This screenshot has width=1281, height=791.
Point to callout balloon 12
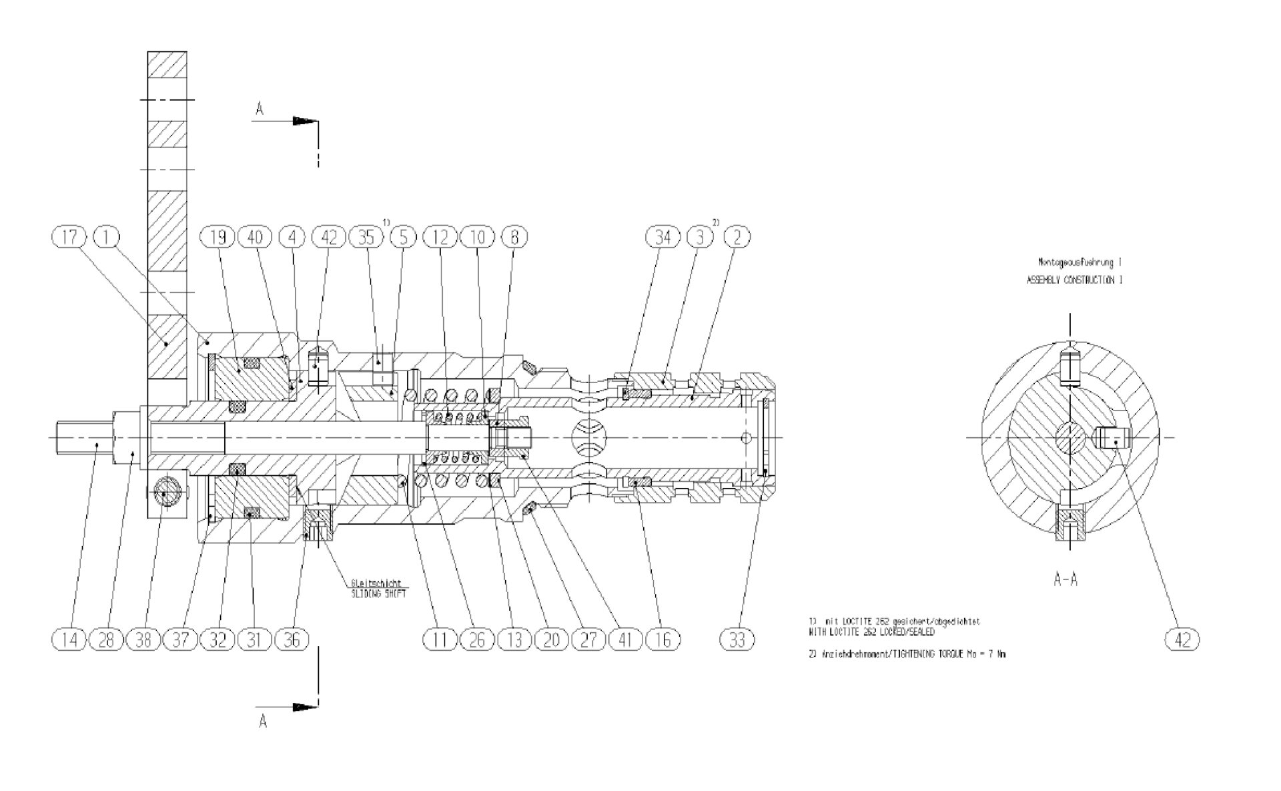click(441, 236)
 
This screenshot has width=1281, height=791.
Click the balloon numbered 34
click(663, 236)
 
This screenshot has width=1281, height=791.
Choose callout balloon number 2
click(737, 236)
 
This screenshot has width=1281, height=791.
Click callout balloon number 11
click(441, 639)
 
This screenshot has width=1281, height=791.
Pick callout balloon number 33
click(737, 639)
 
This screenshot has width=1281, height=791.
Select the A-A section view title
click(1065, 579)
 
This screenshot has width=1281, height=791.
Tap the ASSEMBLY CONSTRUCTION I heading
click(1074, 280)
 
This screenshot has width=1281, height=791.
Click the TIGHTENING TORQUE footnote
click(907, 655)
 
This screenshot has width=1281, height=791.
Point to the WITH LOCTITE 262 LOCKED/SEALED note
click(871, 631)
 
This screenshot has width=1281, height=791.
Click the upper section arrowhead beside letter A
click(306, 121)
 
